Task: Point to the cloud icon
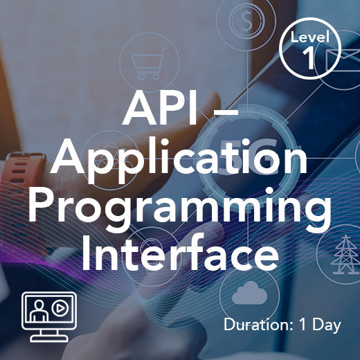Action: (249, 294)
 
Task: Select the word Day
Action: (327, 324)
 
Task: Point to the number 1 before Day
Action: (305, 324)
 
